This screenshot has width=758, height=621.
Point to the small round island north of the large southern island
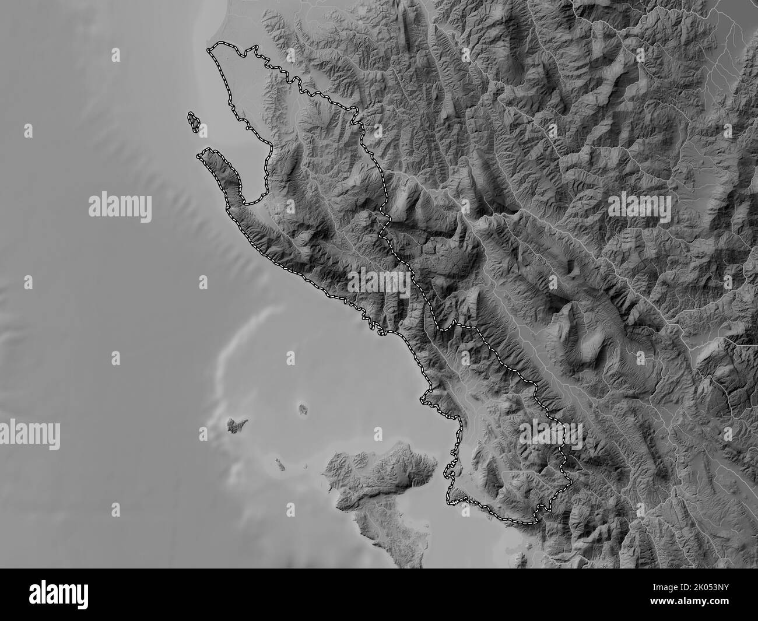(303, 409)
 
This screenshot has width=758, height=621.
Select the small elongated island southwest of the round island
(279, 465)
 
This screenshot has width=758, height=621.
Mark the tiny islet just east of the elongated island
(306, 465)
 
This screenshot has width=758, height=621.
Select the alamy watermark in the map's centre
(379, 282)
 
